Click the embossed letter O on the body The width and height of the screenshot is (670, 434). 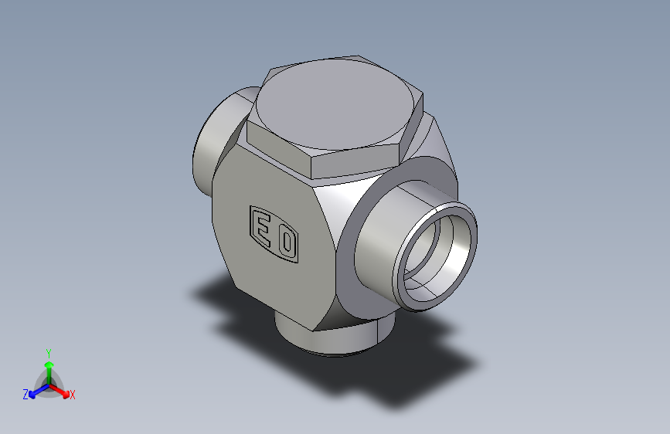tap(287, 243)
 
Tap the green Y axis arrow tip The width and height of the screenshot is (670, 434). tap(49, 364)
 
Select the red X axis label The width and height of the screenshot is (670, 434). tap(73, 395)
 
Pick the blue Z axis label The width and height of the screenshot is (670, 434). tap(26, 395)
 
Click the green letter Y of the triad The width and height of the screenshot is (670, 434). tap(49, 353)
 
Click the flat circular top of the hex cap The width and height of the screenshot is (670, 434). tap(335, 103)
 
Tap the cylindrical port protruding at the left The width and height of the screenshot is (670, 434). tap(218, 141)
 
